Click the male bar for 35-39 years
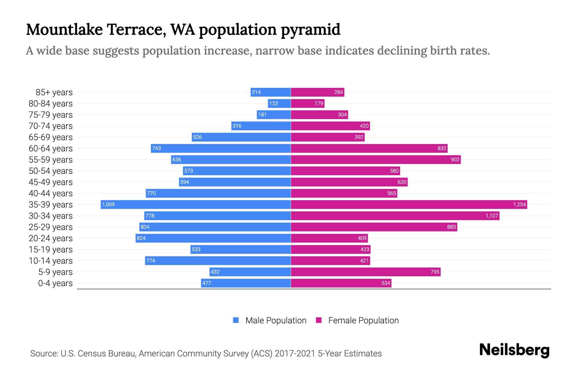point(196,204)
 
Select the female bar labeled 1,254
point(409,204)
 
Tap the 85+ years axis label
point(54,92)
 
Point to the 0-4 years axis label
point(55,283)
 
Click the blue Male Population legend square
point(236,320)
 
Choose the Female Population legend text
point(363,321)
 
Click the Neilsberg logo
point(514,350)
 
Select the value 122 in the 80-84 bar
point(273,103)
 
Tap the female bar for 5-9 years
point(365,272)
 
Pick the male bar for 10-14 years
point(218,261)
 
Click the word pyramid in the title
point(310,30)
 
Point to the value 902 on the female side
point(455,159)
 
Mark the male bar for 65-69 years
point(241,137)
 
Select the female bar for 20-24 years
point(329,238)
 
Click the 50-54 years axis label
point(51,171)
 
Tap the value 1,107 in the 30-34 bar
point(491,216)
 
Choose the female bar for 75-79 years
point(319,115)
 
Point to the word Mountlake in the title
point(64,30)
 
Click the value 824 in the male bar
point(141,238)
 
